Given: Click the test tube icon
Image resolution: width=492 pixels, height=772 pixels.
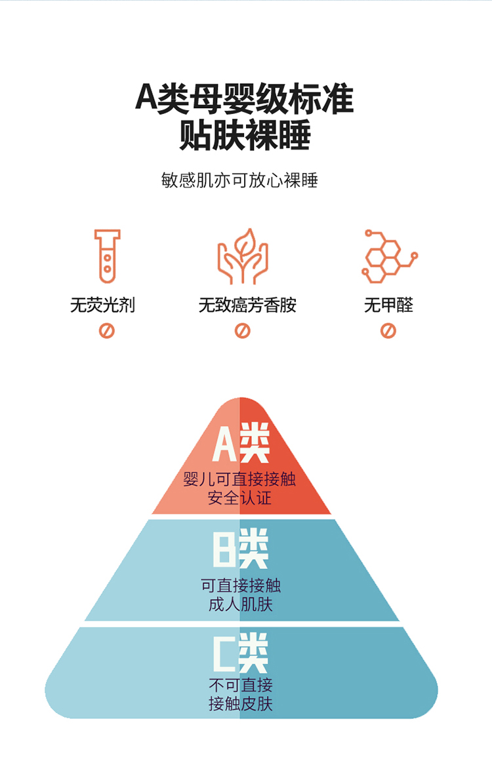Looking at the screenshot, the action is point(107,256).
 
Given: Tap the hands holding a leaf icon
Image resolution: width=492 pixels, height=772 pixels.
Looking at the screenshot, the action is point(243,256).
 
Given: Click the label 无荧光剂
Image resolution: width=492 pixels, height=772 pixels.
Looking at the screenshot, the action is point(102,305).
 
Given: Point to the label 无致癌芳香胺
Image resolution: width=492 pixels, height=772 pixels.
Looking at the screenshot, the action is point(247,305).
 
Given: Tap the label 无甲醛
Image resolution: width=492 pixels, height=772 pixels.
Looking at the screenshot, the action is point(388,305).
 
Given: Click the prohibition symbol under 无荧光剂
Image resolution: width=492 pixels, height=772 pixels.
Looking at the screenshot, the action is point(106,331).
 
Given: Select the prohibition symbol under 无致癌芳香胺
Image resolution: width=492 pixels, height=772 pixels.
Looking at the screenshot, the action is point(243,331).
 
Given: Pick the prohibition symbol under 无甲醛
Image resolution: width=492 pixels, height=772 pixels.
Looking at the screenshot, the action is point(388,331).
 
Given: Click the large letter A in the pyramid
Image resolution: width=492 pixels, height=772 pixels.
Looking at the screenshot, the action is point(225,444).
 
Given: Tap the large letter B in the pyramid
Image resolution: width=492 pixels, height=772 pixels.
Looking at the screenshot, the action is point(225,549).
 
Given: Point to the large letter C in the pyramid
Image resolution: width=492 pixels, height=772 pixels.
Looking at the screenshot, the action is point(225,653).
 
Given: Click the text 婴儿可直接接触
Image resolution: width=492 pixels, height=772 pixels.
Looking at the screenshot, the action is point(239,479).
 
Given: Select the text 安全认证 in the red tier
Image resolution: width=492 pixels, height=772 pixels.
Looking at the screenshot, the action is point(239,498).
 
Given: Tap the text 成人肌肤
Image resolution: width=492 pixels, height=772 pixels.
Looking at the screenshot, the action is point(241,604).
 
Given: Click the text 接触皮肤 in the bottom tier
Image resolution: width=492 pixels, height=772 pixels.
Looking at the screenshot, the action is point(241,704).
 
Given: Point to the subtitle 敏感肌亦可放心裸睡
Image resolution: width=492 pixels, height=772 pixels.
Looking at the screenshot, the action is point(239,180).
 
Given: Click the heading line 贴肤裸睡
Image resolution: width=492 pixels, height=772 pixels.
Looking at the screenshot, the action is point(245,134).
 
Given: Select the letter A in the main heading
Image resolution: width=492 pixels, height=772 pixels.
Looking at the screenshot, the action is point(146,97).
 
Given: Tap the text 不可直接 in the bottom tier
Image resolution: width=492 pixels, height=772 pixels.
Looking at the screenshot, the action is point(241,685).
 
